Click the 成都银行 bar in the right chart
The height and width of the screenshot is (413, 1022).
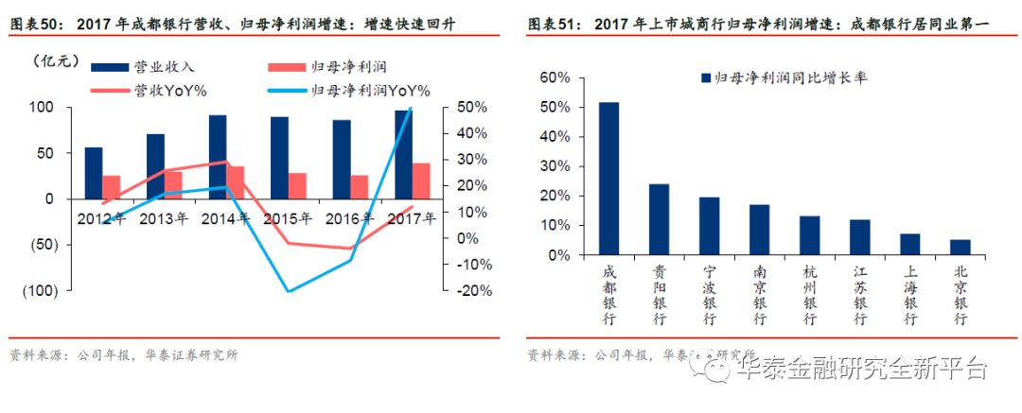608,179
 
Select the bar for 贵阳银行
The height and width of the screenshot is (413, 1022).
659,219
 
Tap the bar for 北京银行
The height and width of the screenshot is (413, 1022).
960,248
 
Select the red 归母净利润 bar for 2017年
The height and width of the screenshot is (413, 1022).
420,181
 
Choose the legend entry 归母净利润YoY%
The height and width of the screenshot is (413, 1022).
369,90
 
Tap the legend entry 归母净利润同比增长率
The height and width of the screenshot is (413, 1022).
783,77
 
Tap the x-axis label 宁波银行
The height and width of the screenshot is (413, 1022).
709,296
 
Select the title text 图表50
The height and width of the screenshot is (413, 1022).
34,21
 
